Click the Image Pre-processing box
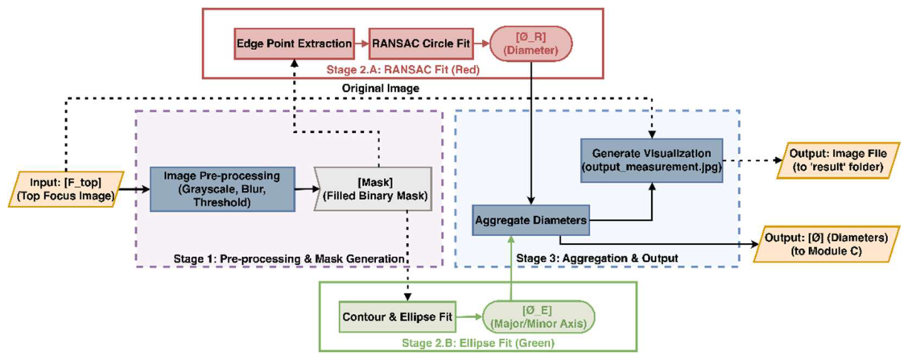coord(222,188)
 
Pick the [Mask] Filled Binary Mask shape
coord(373,188)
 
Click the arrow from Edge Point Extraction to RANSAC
coord(362,43)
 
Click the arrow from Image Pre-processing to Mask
coord(304,188)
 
